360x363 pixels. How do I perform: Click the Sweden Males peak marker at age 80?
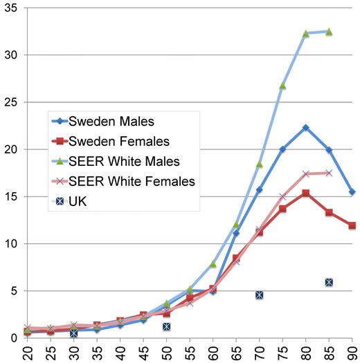pos(305,128)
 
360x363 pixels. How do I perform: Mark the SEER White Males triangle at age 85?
pos(329,32)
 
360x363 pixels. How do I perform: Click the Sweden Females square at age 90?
pos(352,225)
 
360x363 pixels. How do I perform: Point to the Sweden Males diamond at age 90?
pos(352,192)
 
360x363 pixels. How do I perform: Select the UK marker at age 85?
pos(329,282)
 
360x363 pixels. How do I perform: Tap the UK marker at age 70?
pos(259,295)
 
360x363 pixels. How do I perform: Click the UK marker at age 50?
pos(166,326)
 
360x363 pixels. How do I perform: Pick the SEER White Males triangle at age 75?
pos(282,86)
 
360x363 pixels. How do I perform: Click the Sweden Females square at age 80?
pos(305,194)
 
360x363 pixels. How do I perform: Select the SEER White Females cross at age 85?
pos(329,173)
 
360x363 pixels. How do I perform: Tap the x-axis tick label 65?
pos(235,351)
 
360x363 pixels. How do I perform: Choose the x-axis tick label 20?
pos(27,351)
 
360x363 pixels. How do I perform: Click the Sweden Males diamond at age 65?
pos(236,234)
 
